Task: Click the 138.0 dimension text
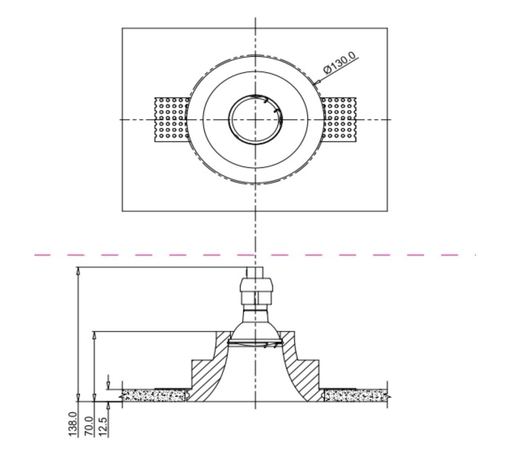point(73,424)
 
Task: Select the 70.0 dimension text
point(89,426)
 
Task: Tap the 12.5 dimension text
point(103,427)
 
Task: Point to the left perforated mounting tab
point(172,120)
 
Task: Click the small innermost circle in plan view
point(255,120)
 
